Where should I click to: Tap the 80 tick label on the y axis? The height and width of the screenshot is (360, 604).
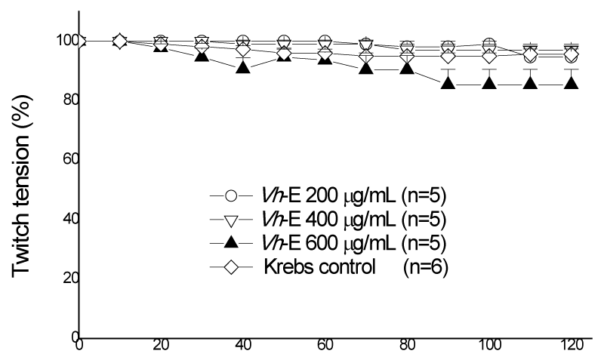(71, 100)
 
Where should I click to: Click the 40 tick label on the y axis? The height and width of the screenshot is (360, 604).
(71, 218)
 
